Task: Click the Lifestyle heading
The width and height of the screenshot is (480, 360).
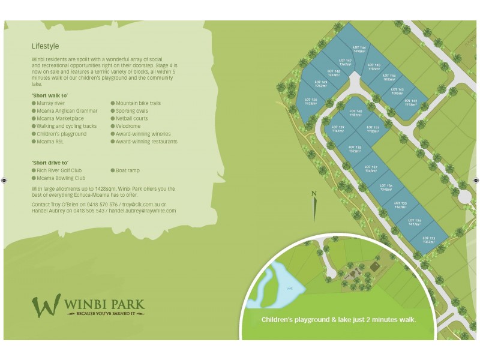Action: point(46,46)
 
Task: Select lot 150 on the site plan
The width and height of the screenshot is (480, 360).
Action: point(310,101)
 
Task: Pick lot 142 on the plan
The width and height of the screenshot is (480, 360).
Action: point(411,103)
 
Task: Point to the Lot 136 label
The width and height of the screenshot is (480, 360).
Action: point(386,188)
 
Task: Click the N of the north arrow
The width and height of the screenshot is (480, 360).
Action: point(314,193)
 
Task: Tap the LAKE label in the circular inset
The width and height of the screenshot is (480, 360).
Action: point(289,289)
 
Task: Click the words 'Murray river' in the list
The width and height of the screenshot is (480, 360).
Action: point(51,103)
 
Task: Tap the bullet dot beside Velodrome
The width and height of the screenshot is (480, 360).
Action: point(112,127)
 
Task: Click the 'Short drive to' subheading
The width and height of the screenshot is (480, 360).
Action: point(50,163)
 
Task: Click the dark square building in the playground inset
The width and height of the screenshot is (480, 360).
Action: point(374,266)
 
